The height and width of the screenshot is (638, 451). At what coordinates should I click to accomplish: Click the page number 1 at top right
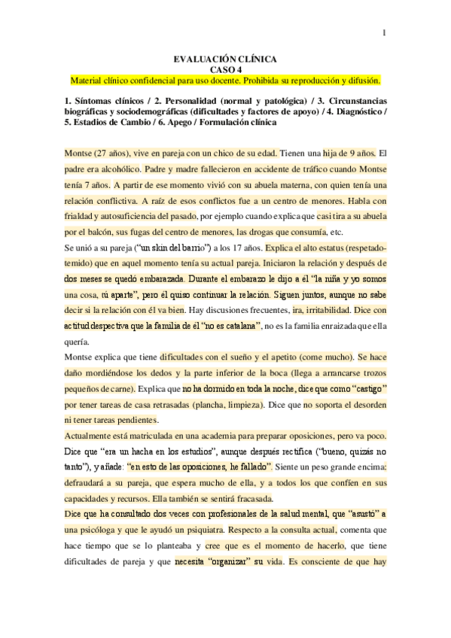(385, 32)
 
